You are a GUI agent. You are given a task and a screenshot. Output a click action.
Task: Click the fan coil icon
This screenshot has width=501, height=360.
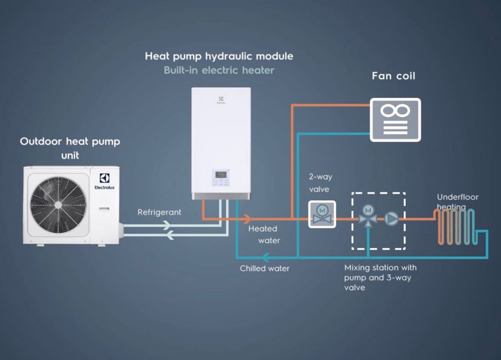[395, 120]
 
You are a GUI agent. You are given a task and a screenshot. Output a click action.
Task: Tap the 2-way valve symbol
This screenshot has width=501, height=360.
[322, 214]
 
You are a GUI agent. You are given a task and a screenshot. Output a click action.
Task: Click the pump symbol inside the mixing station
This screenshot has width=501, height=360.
[391, 219]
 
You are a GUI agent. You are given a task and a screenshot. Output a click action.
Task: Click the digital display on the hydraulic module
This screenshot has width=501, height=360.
[221, 175]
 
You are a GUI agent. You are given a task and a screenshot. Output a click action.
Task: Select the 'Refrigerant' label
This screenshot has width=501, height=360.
[159, 212]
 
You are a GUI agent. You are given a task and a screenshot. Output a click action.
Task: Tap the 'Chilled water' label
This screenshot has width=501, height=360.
[265, 268]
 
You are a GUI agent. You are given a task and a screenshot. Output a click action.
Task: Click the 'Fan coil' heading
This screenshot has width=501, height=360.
[394, 76]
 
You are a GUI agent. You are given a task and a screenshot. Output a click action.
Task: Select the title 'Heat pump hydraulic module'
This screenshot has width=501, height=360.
[219, 56]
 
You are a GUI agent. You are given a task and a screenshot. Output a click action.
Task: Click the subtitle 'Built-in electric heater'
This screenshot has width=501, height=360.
[219, 70]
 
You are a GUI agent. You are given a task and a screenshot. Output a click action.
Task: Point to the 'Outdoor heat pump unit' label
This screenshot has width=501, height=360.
[70, 147]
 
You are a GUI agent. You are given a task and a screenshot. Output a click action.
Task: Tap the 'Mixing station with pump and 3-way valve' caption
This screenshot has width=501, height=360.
[380, 278]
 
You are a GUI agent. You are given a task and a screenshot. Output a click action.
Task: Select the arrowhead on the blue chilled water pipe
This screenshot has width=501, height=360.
[264, 257]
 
